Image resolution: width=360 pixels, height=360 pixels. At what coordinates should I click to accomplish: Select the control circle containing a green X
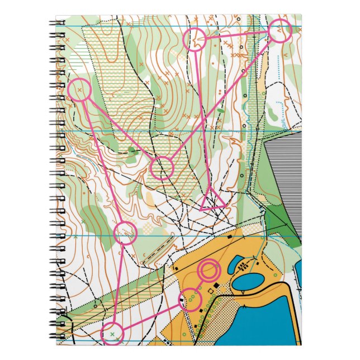(x=112, y=334)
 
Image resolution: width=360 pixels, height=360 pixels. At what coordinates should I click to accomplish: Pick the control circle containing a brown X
(x=80, y=90)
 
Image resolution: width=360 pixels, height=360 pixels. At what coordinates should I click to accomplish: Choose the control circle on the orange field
(x=190, y=300)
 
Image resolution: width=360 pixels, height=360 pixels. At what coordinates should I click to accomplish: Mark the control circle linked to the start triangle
(x=196, y=40)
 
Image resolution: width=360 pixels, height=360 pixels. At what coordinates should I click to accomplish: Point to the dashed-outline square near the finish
(x=211, y=291)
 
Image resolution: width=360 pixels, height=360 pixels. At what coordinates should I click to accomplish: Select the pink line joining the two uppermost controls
(x=238, y=35)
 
